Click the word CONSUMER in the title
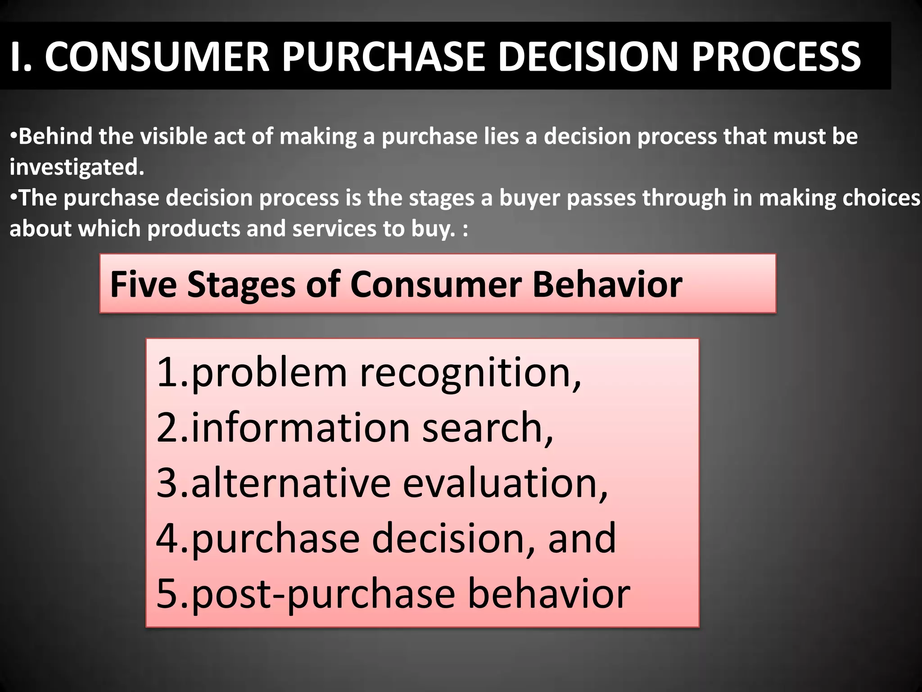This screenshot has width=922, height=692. click(x=157, y=57)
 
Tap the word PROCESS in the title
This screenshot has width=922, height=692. click(x=776, y=57)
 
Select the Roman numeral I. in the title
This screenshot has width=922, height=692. click(x=21, y=57)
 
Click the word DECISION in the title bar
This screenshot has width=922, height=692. click(x=588, y=57)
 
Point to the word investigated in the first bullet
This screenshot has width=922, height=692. click(x=77, y=168)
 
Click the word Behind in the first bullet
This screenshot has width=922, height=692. click(x=55, y=136)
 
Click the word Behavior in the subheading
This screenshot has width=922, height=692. click(x=607, y=285)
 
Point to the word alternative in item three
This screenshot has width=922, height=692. click(x=291, y=483)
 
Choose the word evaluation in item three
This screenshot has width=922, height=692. click(x=504, y=483)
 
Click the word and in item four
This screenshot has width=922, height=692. click(x=581, y=538)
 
